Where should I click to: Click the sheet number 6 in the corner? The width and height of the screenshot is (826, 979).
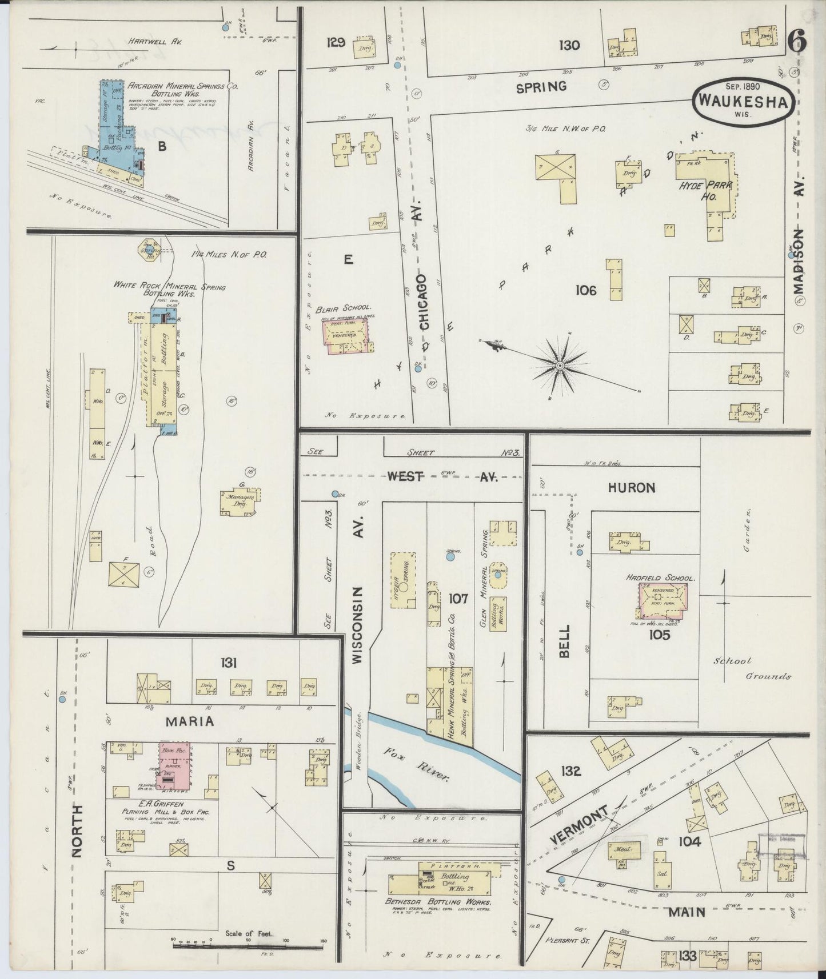[x=797, y=41]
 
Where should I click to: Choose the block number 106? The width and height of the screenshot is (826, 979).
[x=586, y=290]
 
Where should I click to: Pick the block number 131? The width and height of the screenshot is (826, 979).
[x=229, y=663]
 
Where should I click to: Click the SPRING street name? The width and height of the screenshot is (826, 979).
[x=541, y=87]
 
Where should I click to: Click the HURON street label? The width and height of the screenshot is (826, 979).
[x=631, y=487]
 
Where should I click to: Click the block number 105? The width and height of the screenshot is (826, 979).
[x=659, y=634]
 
